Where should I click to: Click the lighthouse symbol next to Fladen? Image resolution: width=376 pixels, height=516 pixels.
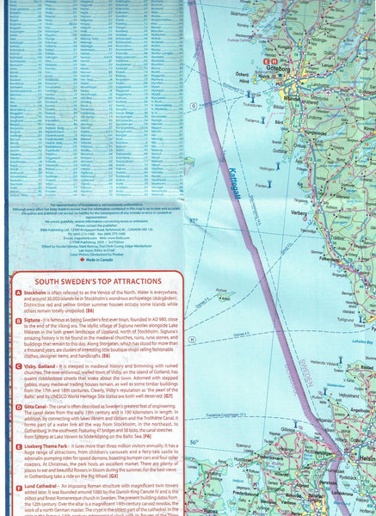(x=268, y=182)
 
